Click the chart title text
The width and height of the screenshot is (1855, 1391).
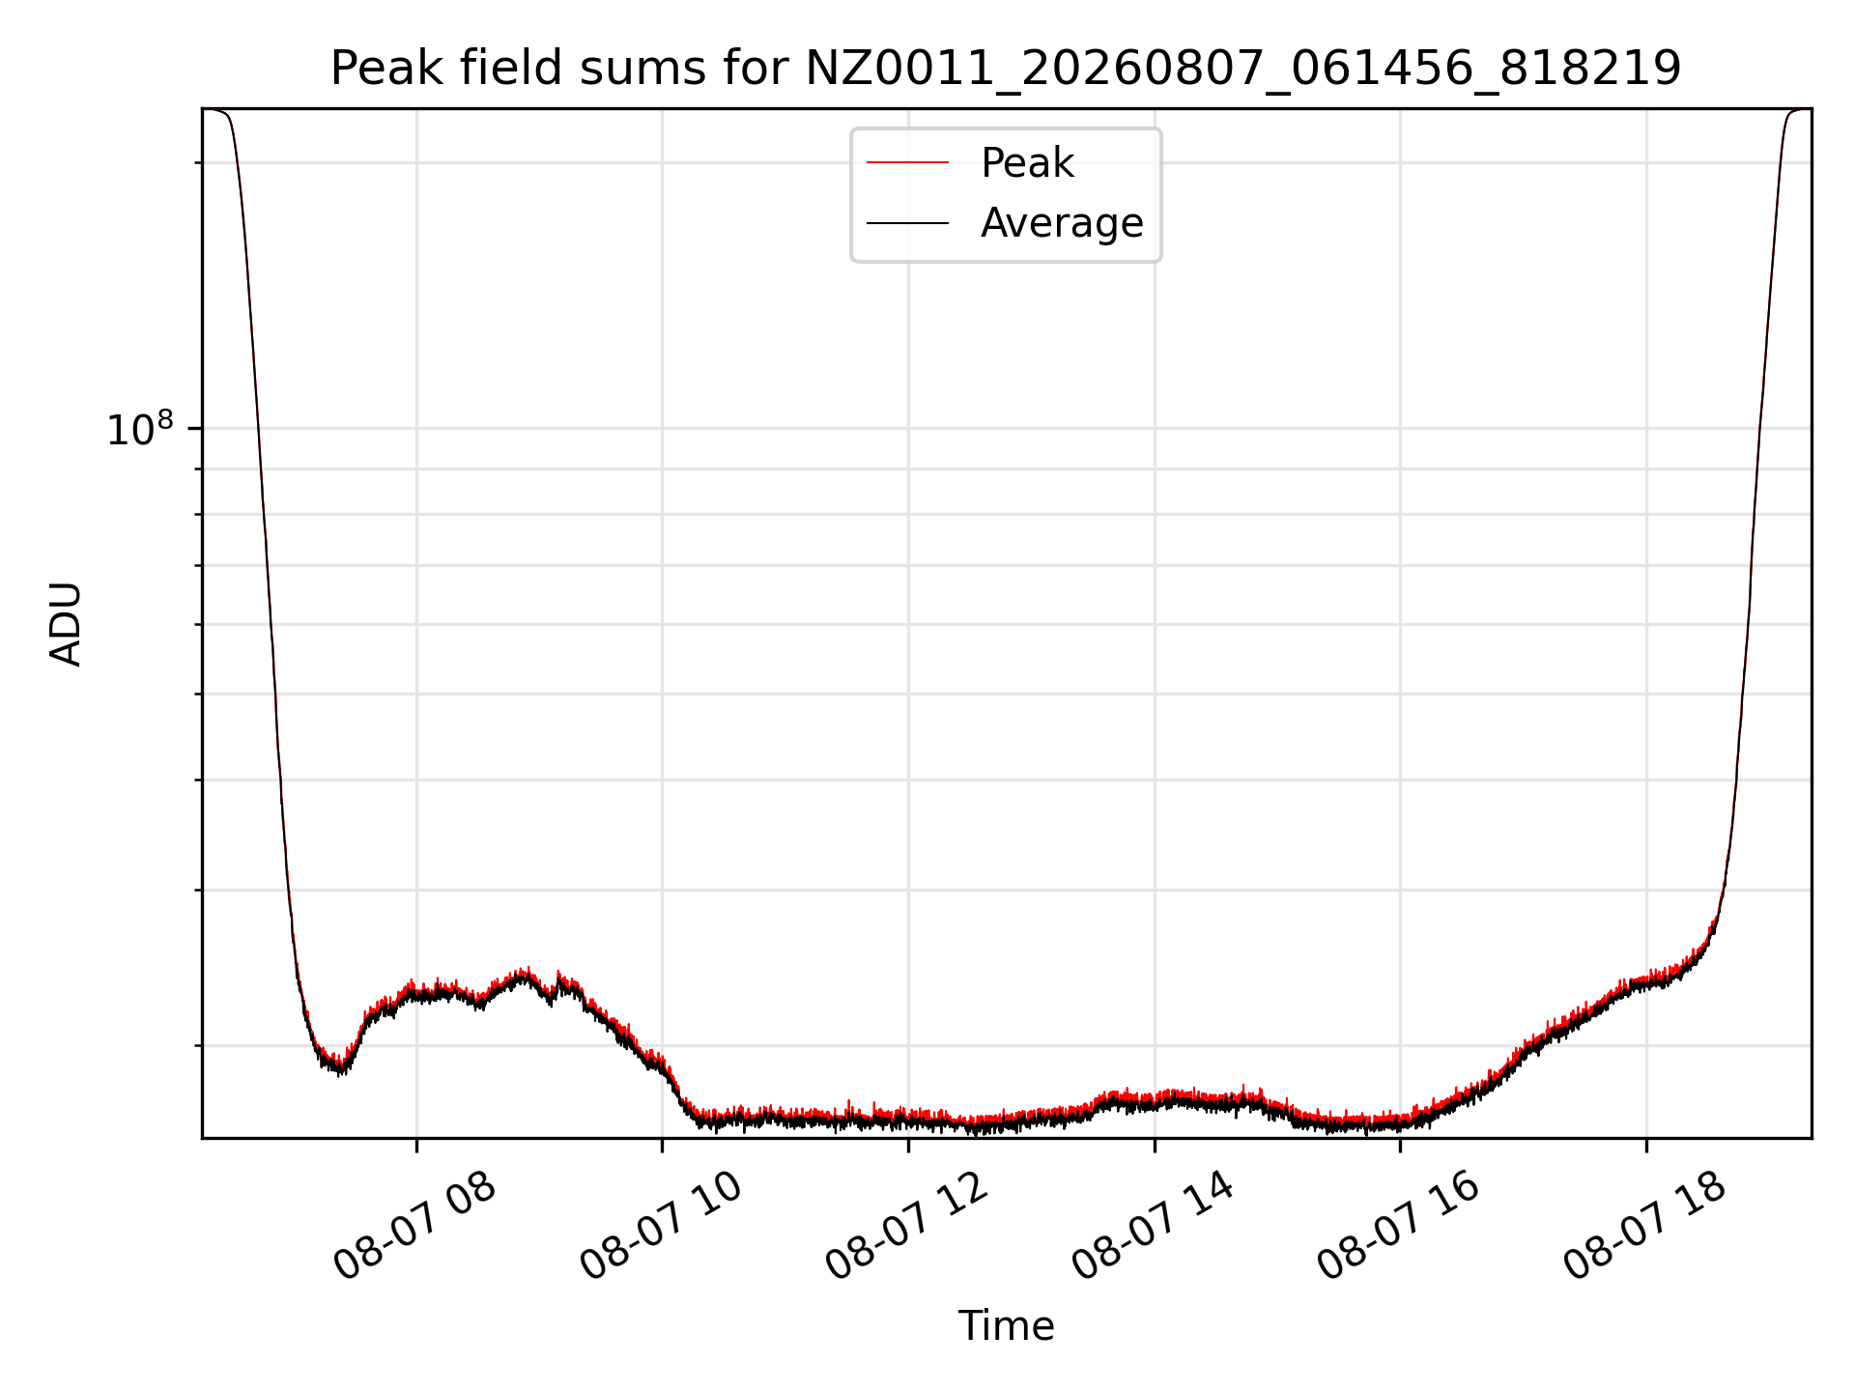point(1006,70)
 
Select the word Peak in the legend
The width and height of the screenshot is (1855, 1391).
point(1027,163)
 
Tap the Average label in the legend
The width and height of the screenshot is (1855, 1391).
point(1062,223)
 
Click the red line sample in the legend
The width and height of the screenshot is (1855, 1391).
point(907,162)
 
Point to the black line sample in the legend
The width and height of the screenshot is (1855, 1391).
point(907,223)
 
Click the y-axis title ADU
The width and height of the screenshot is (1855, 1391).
point(66,624)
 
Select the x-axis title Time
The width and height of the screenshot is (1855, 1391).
point(1006,1325)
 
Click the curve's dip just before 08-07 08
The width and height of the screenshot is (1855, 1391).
point(338,1068)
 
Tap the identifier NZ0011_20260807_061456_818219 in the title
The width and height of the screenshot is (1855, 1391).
point(1243,70)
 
